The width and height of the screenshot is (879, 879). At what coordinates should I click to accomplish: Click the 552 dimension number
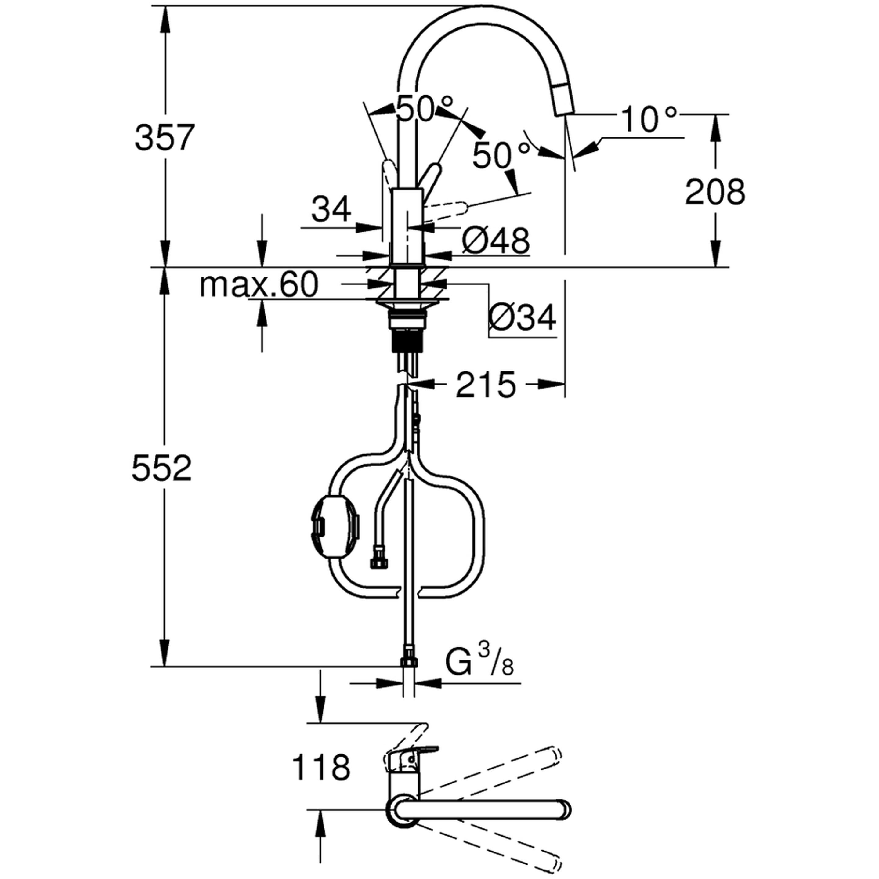click(161, 468)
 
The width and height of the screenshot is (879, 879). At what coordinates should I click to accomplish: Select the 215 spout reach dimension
click(486, 385)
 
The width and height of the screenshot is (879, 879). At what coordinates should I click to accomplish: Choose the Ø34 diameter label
click(522, 317)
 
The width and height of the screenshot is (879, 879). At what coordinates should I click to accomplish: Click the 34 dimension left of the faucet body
click(331, 209)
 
